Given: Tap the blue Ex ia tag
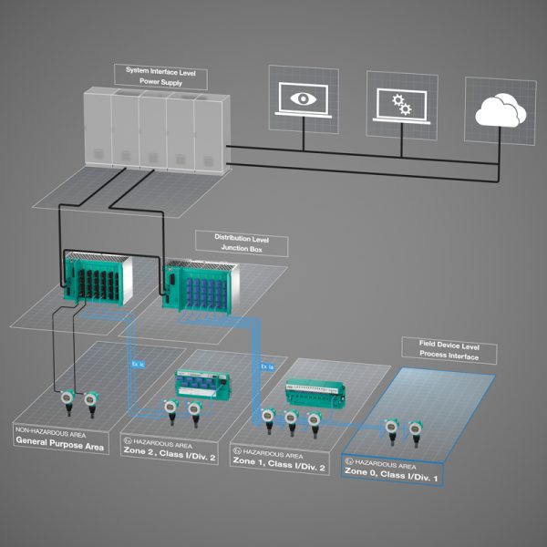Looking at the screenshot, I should (266, 366).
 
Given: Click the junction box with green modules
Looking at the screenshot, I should (97, 277).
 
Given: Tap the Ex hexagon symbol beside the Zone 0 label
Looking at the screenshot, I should (349, 463).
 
